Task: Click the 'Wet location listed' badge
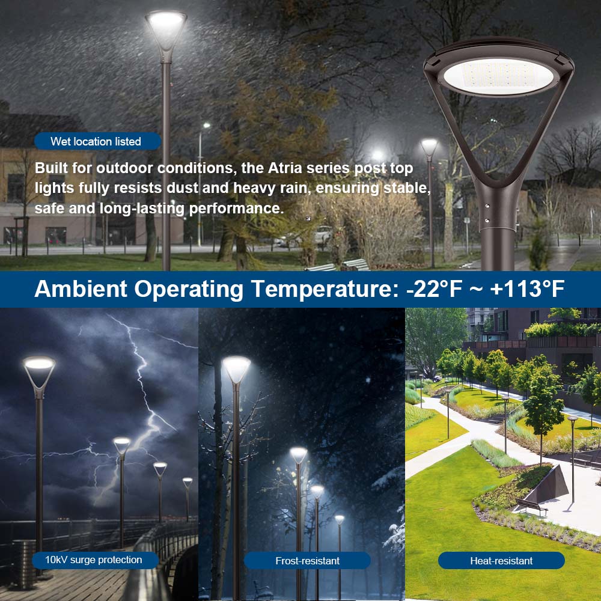click(x=96, y=141)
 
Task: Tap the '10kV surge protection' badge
click(x=94, y=560)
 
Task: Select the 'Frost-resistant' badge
click(x=307, y=561)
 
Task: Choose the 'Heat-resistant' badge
click(x=501, y=561)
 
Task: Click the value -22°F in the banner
click(x=434, y=289)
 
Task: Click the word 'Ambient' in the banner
click(x=81, y=289)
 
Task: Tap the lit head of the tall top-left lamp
click(x=166, y=24)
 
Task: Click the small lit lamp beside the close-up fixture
click(x=429, y=146)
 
